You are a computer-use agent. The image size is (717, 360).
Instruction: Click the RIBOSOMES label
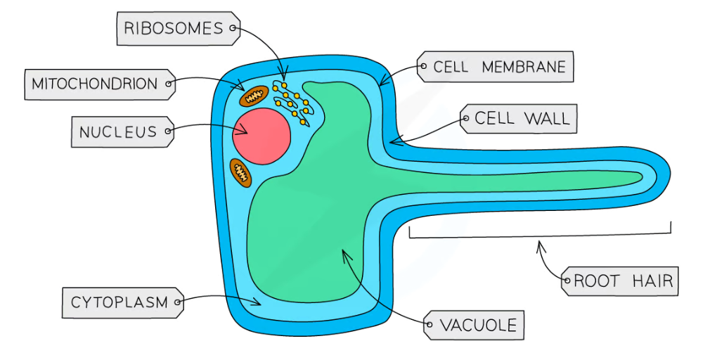175,29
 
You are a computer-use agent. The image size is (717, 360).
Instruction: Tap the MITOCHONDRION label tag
96,84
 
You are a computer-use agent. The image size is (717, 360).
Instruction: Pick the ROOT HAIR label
623,282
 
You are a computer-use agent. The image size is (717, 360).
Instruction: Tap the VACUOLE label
477,326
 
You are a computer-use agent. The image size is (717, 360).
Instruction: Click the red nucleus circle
261,136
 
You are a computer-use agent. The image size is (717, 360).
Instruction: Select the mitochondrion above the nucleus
254,96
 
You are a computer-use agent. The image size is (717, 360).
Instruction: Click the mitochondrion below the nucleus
240,172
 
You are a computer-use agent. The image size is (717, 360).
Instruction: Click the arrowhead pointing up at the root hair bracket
539,244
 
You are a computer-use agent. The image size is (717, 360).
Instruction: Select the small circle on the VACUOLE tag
428,326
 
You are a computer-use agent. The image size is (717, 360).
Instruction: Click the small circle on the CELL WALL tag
465,120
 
